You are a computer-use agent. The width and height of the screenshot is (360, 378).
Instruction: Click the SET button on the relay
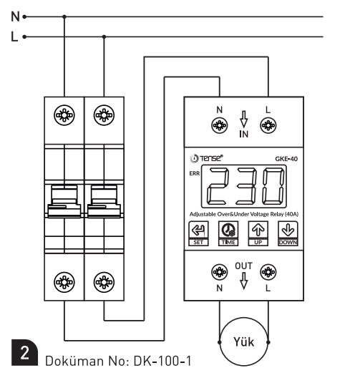point(198,233)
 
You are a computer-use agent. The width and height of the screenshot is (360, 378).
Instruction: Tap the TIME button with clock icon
point(228,233)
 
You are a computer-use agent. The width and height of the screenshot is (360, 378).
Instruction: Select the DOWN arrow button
point(288,233)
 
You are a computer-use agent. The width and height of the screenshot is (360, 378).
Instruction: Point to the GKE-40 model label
point(286,159)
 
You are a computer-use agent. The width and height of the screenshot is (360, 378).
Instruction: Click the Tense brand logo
point(206,158)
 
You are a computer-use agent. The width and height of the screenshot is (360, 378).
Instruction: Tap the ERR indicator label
point(195,173)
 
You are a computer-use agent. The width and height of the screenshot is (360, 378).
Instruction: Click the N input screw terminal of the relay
point(219,125)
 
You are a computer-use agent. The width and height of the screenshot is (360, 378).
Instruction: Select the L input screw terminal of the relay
point(268,125)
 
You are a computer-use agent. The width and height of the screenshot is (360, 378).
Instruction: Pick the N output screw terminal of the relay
point(219,272)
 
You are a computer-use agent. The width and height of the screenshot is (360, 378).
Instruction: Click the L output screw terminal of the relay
point(268,272)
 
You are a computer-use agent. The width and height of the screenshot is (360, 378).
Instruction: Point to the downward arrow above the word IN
point(244,120)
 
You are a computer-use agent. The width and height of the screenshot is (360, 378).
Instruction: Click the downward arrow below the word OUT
point(244,281)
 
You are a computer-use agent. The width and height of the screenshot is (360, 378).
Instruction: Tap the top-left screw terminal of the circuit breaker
point(64,115)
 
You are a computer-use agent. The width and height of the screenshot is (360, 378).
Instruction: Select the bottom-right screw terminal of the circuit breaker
point(104,282)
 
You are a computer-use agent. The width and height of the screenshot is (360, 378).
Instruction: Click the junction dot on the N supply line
point(64,16)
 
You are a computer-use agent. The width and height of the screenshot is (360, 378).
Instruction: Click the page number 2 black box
point(24,352)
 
